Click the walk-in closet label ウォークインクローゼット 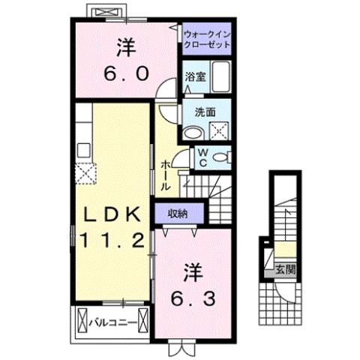206,38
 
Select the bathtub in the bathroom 220,77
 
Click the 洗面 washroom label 205,111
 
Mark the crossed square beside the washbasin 218,132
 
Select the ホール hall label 165,174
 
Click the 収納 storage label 178,214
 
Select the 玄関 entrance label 283,267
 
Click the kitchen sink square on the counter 82,147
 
